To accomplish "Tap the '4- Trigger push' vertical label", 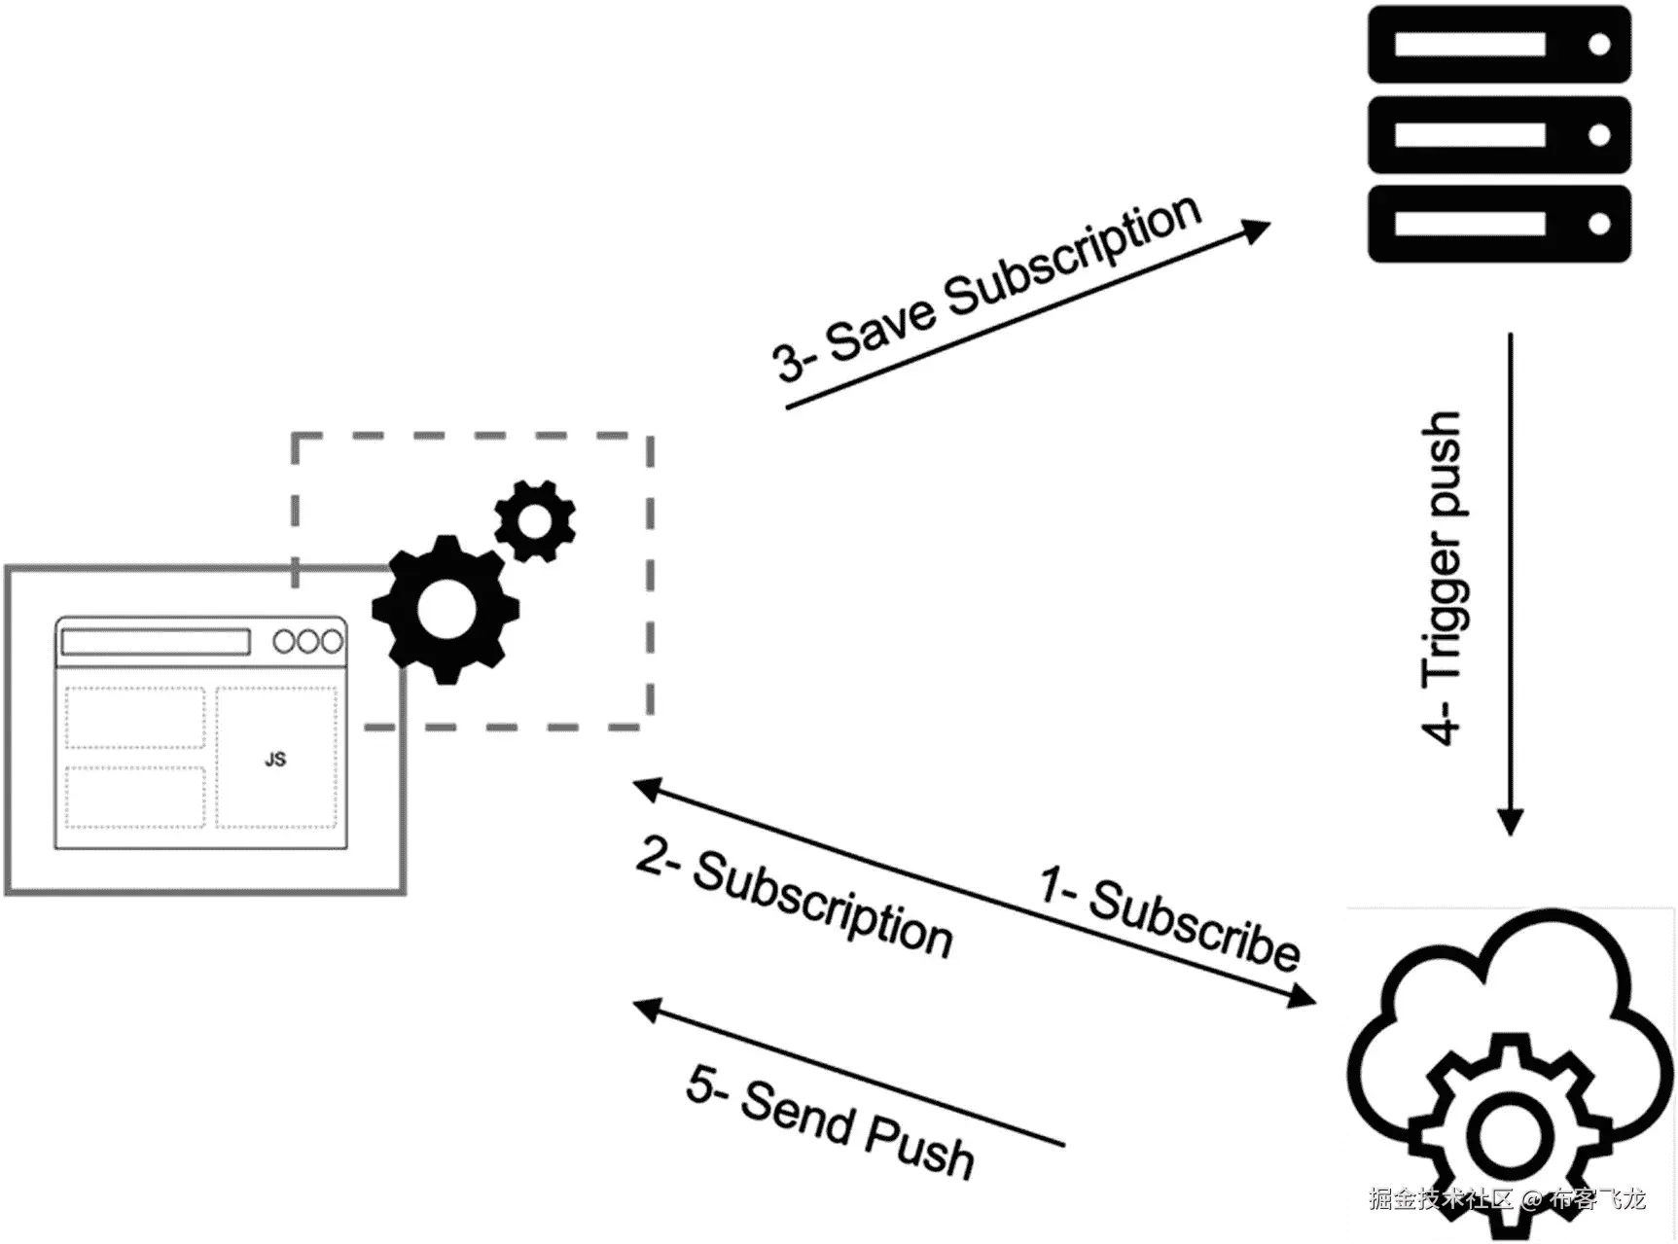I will [1443, 578].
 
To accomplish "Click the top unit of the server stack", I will [1498, 45].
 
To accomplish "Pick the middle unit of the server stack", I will [1498, 134].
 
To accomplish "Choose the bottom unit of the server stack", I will [1498, 224].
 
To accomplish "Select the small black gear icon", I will [534, 520].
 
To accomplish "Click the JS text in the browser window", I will [275, 760].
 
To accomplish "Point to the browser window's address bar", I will [156, 642].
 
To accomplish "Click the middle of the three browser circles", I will [308, 642].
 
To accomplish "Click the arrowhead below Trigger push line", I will [1510, 823].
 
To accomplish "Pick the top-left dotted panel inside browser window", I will [134, 718].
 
